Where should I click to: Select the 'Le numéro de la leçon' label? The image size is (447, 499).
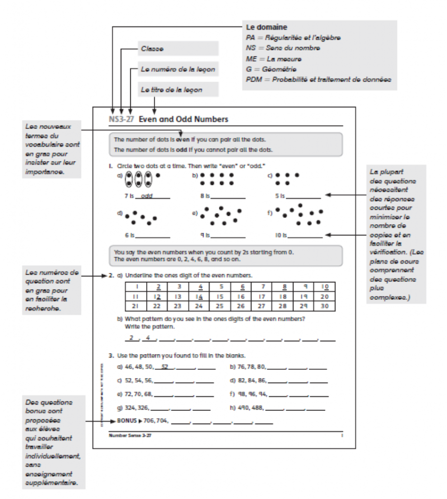(x=177, y=69)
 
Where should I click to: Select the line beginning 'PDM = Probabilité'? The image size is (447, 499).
(x=319, y=80)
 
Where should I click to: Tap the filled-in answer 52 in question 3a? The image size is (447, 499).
(x=166, y=367)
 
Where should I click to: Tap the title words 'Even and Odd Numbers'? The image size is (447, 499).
(x=184, y=119)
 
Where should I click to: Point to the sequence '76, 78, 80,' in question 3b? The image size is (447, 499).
(x=252, y=367)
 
